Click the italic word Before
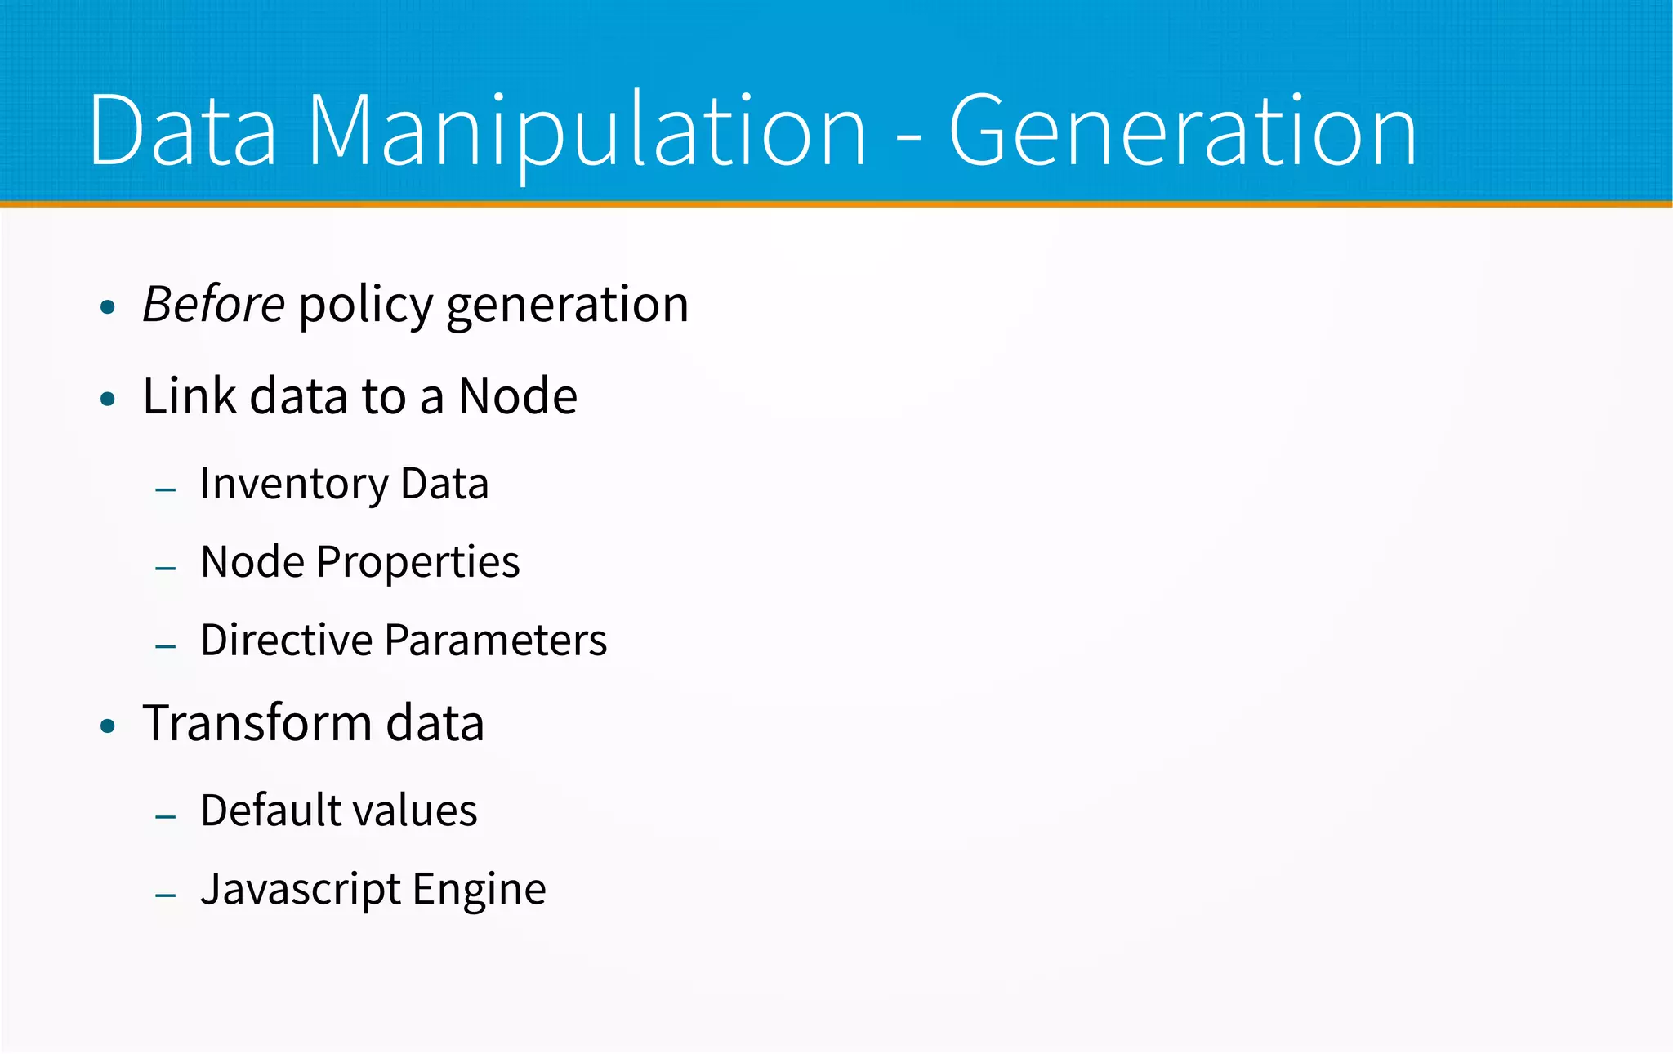click(x=214, y=305)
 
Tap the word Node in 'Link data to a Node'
click(x=518, y=397)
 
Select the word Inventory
click(x=294, y=485)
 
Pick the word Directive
click(x=287, y=640)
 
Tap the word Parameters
click(x=496, y=640)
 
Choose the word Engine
click(x=480, y=891)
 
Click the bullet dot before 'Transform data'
click(x=108, y=726)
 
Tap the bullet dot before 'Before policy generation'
click(x=108, y=308)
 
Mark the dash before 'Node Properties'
click(x=166, y=568)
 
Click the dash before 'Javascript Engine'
click(x=166, y=895)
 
